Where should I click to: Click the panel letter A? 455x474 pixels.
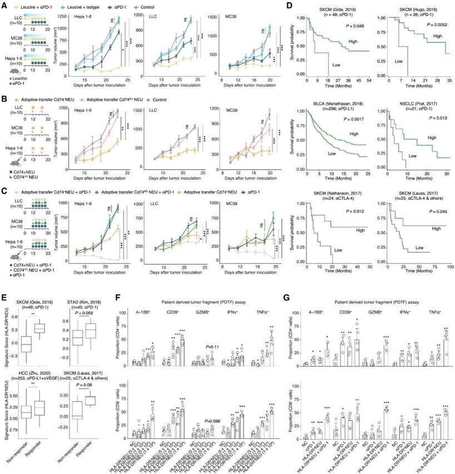click(5, 5)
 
